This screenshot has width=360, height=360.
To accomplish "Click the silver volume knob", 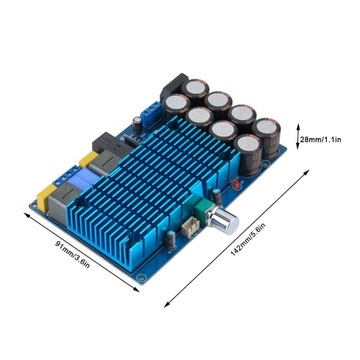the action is coord(223,220).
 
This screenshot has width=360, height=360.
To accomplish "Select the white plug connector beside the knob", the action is coord(191,229).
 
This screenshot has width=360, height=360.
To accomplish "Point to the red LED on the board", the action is coord(236,185).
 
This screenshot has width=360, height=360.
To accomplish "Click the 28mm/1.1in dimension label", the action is coord(321,139).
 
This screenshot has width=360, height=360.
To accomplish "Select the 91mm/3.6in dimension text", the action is coord(72,254).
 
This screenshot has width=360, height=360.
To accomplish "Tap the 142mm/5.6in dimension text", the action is coord(248,239).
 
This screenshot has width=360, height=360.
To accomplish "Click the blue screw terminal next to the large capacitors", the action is coord(151,114).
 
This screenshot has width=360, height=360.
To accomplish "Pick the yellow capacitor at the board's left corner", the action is coord(46,198).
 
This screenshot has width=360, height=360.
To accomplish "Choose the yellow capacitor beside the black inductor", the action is coord(88,159).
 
